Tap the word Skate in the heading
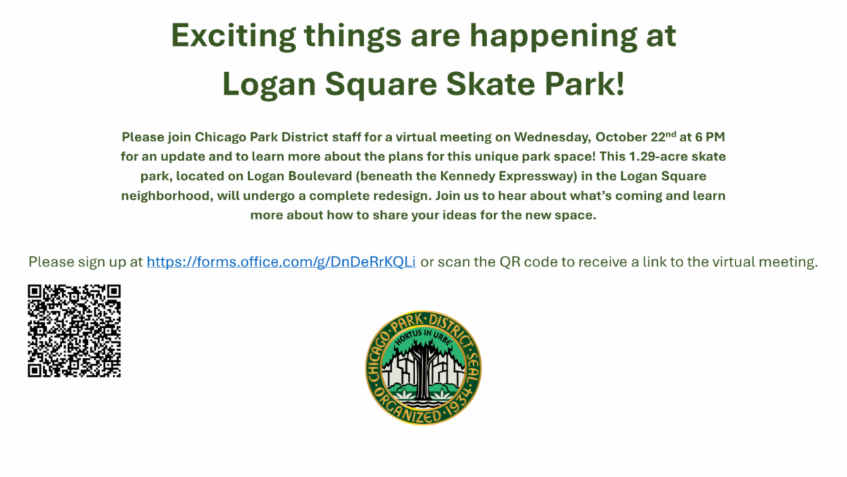click(x=491, y=84)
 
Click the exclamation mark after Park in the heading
click(x=620, y=84)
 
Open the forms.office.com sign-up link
click(x=281, y=261)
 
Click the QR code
click(x=74, y=331)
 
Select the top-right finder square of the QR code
click(x=114, y=291)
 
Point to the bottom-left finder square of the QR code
click(x=35, y=370)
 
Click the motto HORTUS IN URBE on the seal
click(x=423, y=336)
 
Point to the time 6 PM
click(x=710, y=136)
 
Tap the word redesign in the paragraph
click(x=402, y=196)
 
